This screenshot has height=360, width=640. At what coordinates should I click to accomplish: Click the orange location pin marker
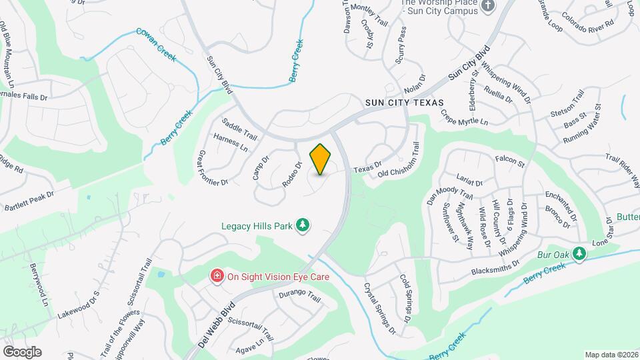[321, 159]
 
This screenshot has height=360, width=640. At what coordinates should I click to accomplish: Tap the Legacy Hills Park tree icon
[303, 225]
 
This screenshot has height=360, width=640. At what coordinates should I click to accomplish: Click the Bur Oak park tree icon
[579, 253]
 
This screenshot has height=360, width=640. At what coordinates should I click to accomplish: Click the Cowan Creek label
[156, 45]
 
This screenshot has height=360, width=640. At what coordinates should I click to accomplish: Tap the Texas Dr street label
[367, 167]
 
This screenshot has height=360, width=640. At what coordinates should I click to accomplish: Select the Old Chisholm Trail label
[399, 161]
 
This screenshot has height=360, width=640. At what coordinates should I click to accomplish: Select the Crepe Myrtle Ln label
[464, 117]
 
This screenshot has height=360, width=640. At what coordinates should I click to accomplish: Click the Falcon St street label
[511, 160]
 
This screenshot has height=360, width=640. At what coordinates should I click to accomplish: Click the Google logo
[21, 351]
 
